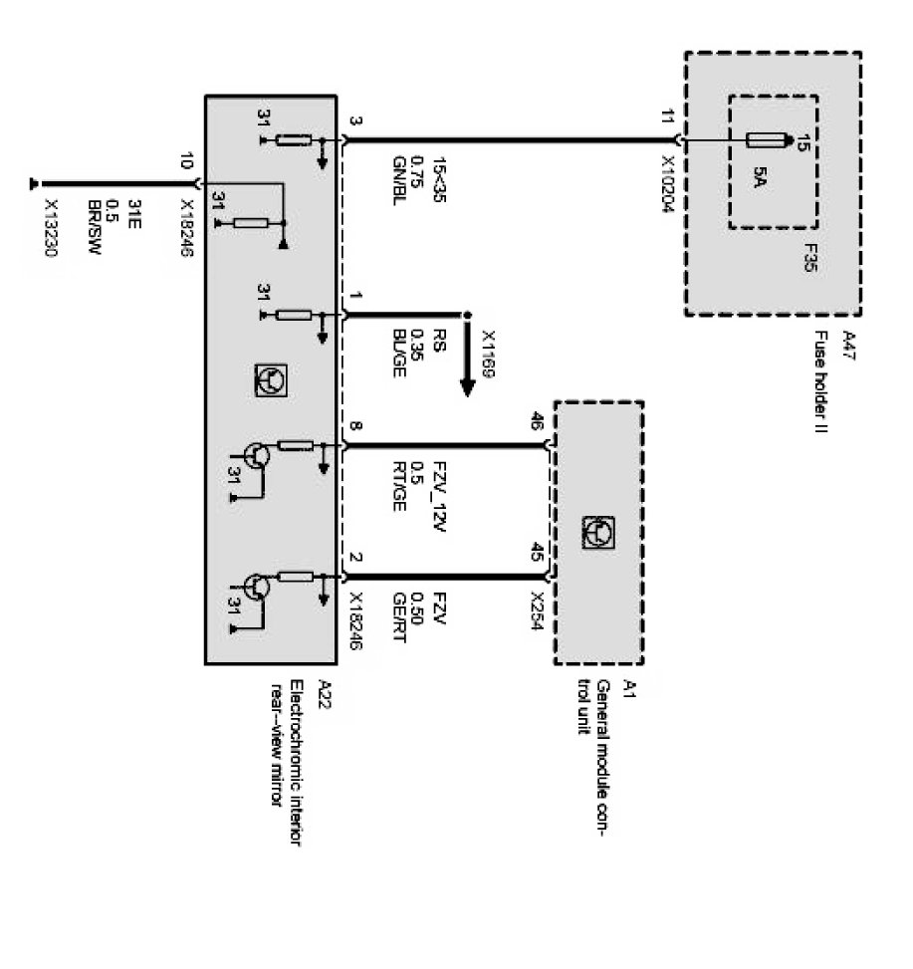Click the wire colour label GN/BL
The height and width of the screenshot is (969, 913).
(398, 188)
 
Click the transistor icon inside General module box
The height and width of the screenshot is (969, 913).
(596, 531)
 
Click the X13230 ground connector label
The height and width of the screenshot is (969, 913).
(52, 240)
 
